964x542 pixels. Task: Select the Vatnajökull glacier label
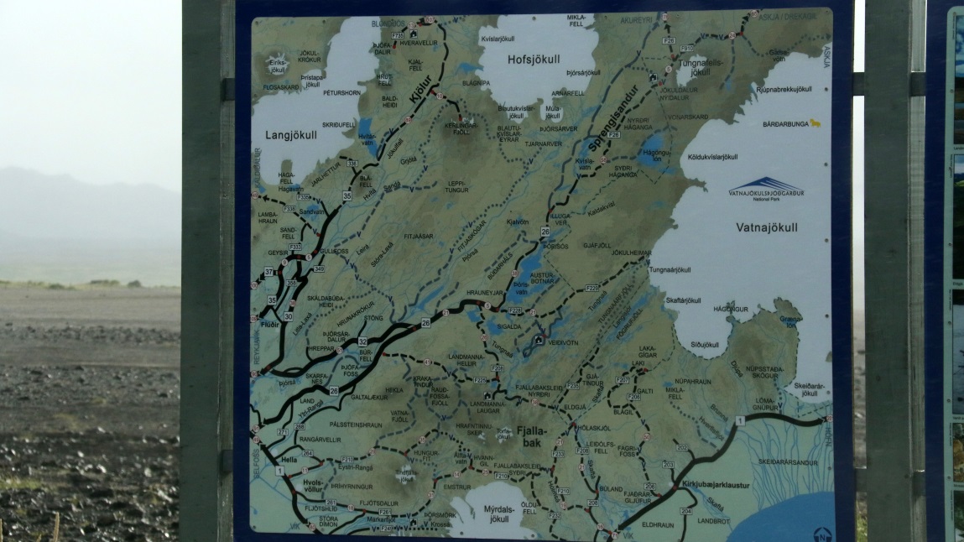point(766,227)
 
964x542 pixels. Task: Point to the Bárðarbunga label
point(786,123)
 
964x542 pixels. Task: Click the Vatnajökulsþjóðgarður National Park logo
point(766,189)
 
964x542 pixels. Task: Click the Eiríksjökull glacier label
point(278,64)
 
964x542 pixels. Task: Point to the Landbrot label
point(712,521)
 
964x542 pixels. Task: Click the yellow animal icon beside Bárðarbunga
point(815,123)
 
